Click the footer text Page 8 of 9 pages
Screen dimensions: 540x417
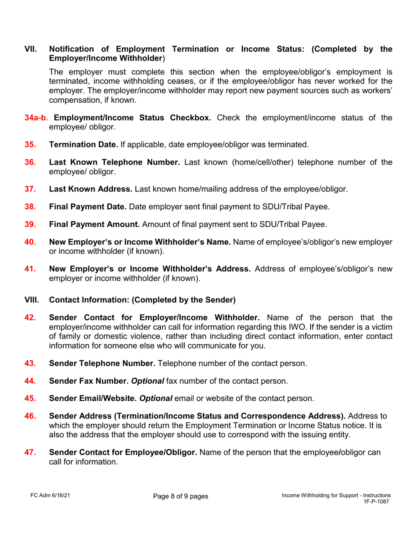(x=180, y=497)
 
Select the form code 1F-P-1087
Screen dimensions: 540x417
(x=377, y=501)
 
